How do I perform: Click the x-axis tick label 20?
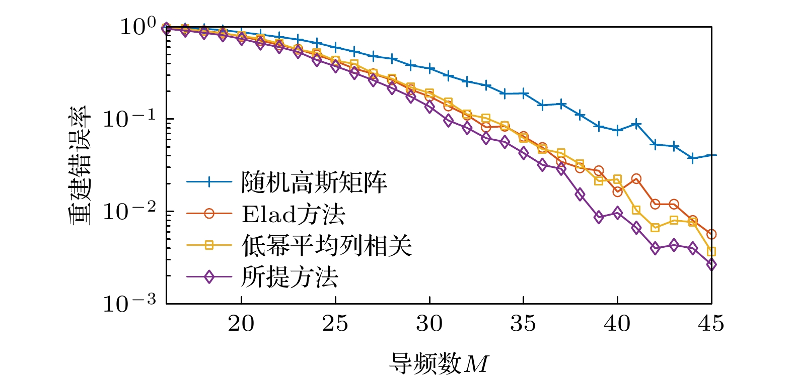[x=241, y=324]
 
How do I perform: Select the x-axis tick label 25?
[x=335, y=324]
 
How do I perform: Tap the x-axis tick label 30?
[x=429, y=324]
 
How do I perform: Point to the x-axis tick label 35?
[x=523, y=324]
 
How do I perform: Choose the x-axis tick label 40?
[x=617, y=324]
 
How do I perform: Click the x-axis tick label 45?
[x=710, y=324]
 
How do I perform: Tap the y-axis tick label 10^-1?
[x=129, y=119]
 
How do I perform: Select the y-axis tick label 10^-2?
[x=129, y=211]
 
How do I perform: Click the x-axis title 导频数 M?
[x=439, y=363]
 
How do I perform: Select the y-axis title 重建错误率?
[x=80, y=165]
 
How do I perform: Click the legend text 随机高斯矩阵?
[x=314, y=182]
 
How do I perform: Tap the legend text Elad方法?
[x=294, y=214]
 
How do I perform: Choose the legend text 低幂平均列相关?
[x=327, y=246]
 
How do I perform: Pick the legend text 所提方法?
[x=290, y=277]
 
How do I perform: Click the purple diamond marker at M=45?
[x=711, y=265]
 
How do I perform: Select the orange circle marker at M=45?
[x=711, y=234]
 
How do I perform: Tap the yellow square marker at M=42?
[x=655, y=227]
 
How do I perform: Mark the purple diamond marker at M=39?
[x=599, y=217]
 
